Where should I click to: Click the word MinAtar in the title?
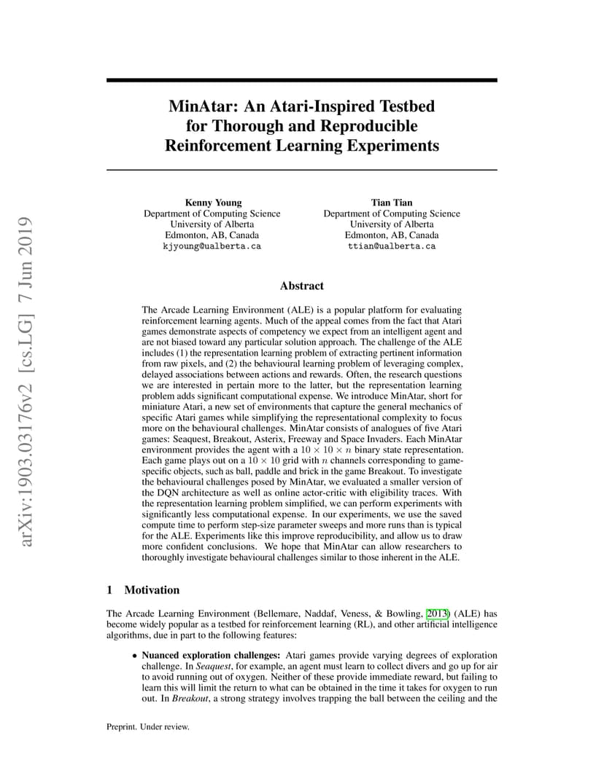click(198, 106)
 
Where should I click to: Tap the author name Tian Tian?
click(392, 202)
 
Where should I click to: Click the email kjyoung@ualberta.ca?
click(212, 246)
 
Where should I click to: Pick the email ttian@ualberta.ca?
click(392, 246)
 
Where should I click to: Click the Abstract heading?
click(301, 286)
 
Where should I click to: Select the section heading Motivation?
click(152, 589)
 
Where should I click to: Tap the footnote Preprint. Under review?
click(148, 726)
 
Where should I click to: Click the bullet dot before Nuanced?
click(134, 656)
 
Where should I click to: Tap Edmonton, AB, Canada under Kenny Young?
click(212, 235)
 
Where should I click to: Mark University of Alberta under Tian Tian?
click(392, 224)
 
